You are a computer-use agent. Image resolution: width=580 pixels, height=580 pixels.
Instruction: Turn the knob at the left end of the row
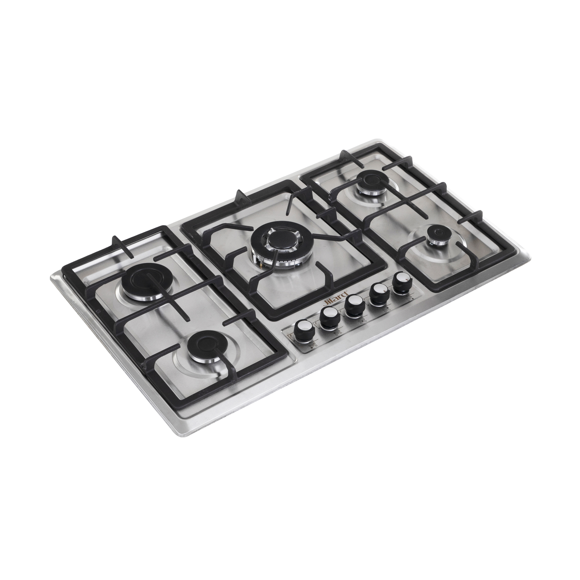tap(304, 330)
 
